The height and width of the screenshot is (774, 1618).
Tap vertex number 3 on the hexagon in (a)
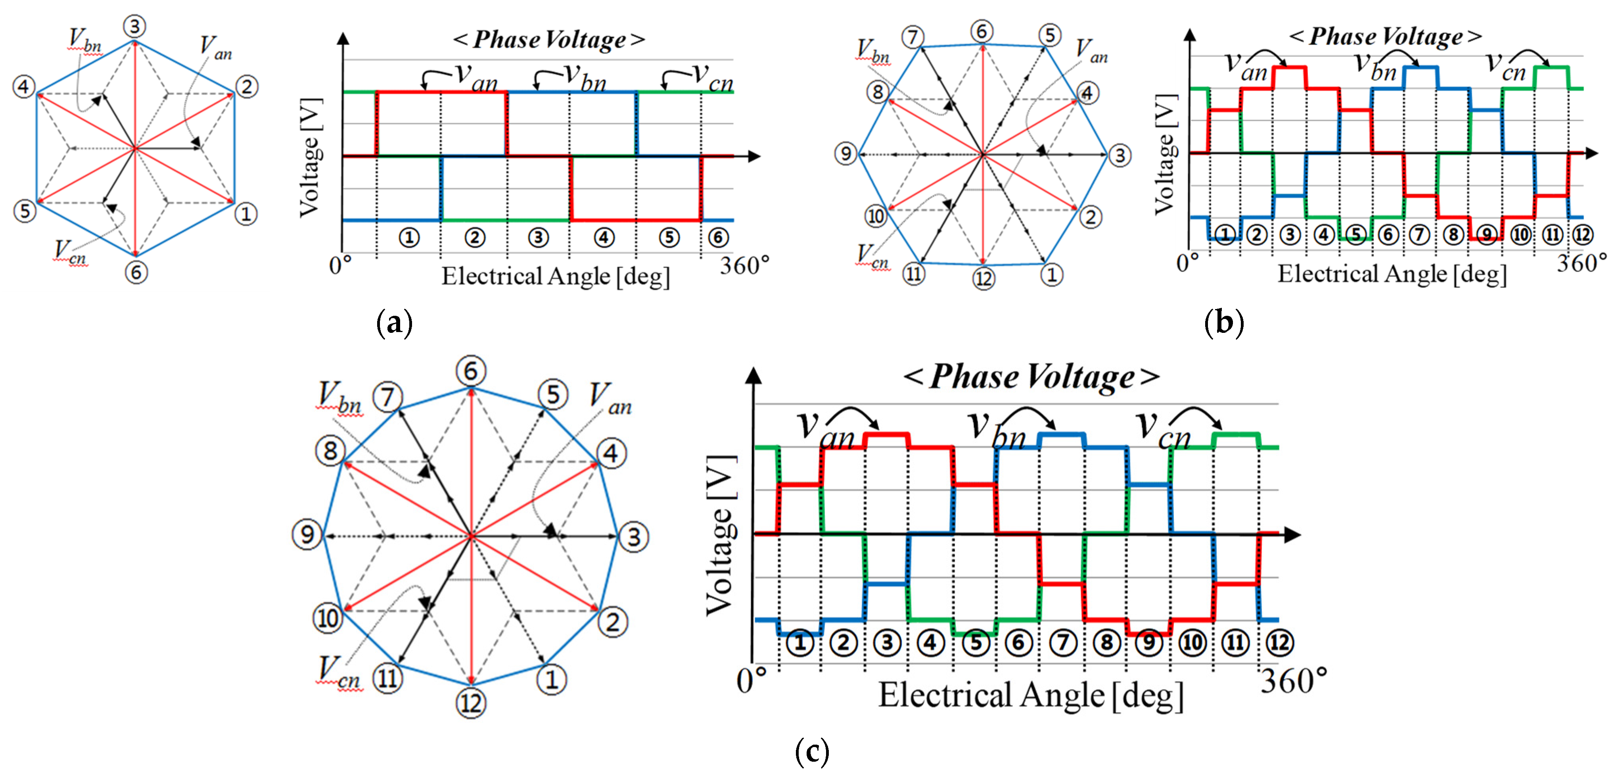pyautogui.click(x=134, y=27)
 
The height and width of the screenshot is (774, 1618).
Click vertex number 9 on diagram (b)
pyautogui.click(x=845, y=153)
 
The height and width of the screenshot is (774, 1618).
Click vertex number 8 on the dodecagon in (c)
pyautogui.click(x=330, y=450)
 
